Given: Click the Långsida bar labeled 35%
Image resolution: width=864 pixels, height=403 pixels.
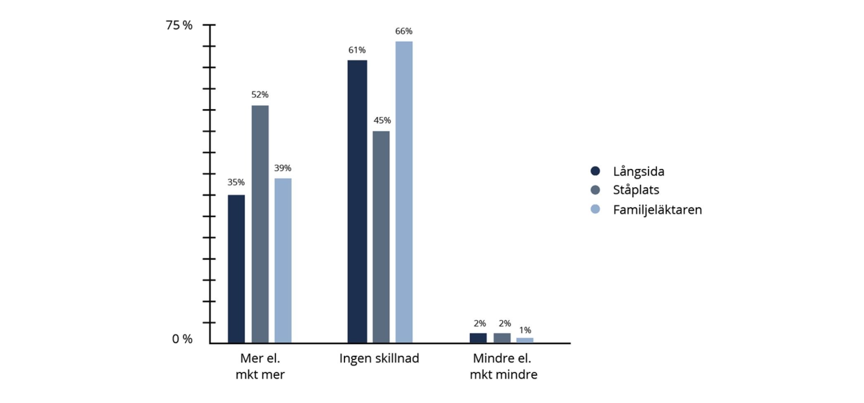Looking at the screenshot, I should pyautogui.click(x=236, y=269).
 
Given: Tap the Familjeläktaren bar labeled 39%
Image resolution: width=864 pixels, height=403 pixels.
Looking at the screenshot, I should pyautogui.click(x=283, y=260).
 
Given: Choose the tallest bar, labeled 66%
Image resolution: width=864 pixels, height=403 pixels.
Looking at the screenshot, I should pyautogui.click(x=404, y=192).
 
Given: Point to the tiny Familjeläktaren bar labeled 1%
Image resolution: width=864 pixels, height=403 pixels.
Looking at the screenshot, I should pyautogui.click(x=525, y=340).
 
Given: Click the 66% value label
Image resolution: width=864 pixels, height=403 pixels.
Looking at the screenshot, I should pyautogui.click(x=404, y=31).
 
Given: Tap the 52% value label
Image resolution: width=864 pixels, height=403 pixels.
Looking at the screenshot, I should pyautogui.click(x=260, y=95).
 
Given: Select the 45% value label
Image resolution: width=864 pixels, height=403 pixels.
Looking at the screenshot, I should pyautogui.click(x=382, y=120).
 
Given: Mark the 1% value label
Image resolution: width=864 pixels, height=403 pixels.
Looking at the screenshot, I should pyautogui.click(x=525, y=330).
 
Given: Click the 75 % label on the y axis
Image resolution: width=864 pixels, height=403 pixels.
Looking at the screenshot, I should pyautogui.click(x=179, y=26).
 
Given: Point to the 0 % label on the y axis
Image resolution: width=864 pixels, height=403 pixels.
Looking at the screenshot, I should pyautogui.click(x=182, y=339).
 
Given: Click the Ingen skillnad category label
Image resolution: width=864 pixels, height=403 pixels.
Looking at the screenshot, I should pyautogui.click(x=379, y=358).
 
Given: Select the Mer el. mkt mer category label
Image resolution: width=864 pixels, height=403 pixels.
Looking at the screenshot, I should pyautogui.click(x=260, y=366).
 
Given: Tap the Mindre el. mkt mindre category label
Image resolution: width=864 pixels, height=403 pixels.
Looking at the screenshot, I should pyautogui.click(x=503, y=366).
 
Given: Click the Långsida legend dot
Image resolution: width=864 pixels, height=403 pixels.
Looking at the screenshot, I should pyautogui.click(x=595, y=171).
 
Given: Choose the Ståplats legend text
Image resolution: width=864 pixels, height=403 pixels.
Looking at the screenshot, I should pyautogui.click(x=636, y=190).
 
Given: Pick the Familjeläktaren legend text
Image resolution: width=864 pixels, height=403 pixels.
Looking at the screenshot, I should pyautogui.click(x=657, y=210).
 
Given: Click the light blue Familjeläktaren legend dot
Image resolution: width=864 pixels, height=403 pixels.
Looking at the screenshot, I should pyautogui.click(x=595, y=209).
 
